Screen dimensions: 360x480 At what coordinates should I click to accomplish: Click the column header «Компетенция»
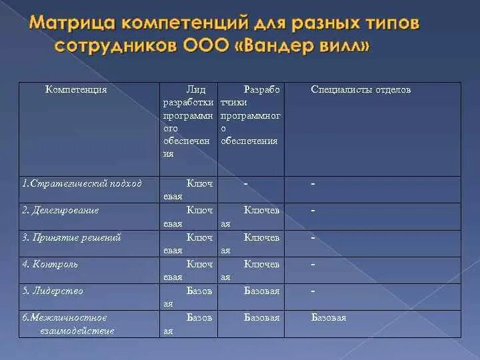76,89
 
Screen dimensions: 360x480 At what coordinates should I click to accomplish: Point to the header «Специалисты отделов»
361,89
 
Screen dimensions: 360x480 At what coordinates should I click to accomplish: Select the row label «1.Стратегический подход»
81,183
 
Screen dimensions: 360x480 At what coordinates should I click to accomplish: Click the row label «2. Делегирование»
60,211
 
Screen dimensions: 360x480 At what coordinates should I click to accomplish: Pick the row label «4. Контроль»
50,264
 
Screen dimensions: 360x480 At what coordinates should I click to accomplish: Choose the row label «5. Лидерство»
53,291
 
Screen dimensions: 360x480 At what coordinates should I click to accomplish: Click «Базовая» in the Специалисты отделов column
329,318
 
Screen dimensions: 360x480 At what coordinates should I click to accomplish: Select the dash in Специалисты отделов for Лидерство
313,291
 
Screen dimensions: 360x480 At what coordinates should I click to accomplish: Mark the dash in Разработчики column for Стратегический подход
246,183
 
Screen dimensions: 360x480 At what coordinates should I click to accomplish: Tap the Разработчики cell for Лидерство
262,291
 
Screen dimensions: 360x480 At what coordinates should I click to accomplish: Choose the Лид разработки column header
189,121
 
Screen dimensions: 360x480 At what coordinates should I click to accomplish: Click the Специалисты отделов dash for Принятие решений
313,237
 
